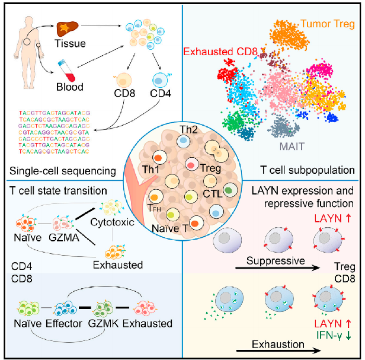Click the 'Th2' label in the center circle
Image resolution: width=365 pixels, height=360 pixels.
click(185, 129)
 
